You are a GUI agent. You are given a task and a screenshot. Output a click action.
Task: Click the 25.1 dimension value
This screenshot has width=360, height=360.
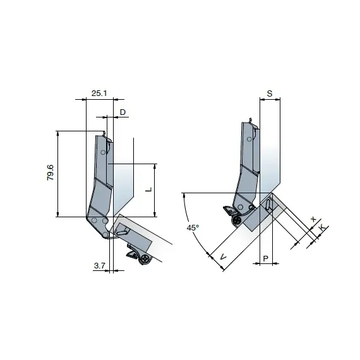click(99, 93)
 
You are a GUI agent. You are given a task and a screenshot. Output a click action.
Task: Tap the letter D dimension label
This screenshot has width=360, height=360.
click(123, 112)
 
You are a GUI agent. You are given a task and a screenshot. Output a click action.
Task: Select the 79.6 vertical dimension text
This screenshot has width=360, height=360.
click(51, 173)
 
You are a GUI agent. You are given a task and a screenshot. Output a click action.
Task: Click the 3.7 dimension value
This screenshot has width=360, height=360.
click(99, 266)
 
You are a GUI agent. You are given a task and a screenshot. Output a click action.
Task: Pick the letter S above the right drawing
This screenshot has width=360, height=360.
click(270, 93)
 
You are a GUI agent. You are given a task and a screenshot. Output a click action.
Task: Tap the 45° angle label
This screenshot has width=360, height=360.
click(193, 227)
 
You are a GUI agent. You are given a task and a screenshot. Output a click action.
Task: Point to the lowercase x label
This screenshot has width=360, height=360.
click(313, 219)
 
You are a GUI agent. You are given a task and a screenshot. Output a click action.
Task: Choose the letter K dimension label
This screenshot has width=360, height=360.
click(322, 226)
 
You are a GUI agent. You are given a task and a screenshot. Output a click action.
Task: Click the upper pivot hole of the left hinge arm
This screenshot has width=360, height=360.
click(105, 153)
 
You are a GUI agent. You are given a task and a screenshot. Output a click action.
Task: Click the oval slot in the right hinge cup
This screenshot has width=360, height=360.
click(271, 205)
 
